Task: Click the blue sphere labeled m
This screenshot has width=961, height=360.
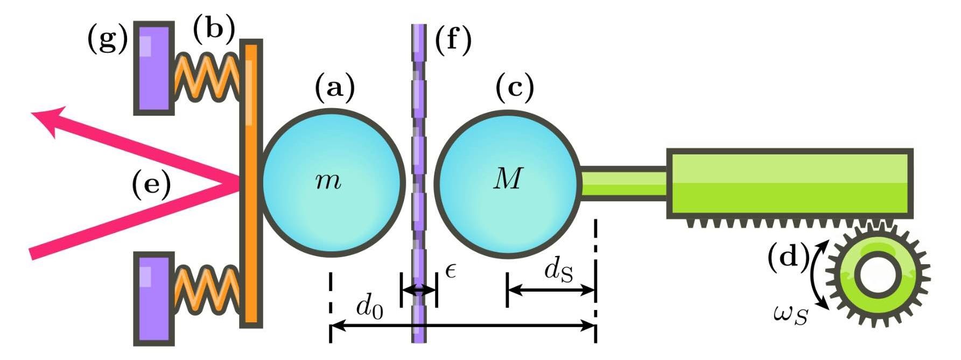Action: coord(333,181)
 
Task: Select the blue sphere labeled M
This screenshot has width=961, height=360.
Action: coord(508,181)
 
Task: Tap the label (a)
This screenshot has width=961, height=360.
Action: coord(335,88)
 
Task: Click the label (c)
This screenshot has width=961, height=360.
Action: coord(514,88)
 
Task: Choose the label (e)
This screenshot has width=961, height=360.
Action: coord(151,185)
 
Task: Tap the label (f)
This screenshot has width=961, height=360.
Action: coord(453,41)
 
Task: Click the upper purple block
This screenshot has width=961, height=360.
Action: coord(154,68)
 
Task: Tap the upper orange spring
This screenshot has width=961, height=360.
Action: coord(207,76)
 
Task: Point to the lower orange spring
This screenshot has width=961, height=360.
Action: coord(207,290)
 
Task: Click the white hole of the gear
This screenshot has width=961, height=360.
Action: coord(878,275)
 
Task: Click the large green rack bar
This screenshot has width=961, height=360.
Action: coord(789,183)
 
